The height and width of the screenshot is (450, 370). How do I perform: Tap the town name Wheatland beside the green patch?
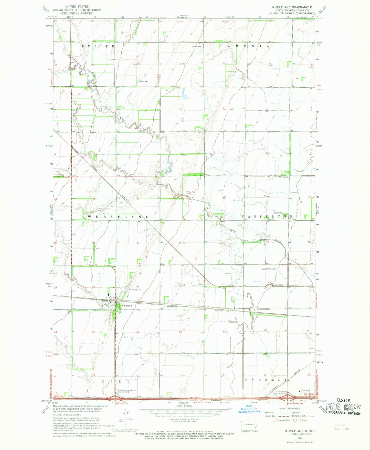(126, 306)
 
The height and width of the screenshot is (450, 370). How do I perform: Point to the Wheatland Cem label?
(135, 290)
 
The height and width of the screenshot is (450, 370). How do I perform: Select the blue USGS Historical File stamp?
(248, 410)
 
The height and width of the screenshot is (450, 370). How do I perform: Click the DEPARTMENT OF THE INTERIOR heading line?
(77, 10)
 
